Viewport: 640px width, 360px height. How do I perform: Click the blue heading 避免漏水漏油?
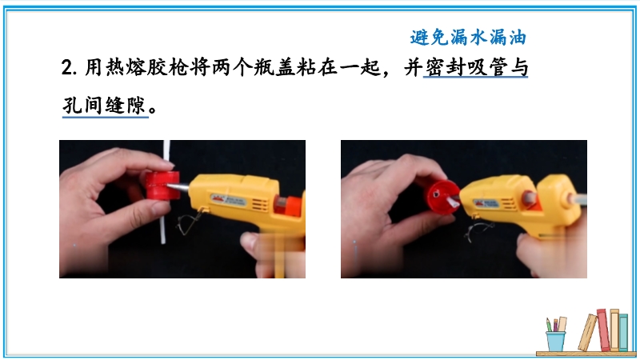(468, 38)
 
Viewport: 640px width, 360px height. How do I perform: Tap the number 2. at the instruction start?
(69, 67)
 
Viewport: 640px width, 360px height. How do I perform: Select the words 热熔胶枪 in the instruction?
(147, 67)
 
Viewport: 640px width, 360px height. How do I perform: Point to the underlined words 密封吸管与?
(476, 67)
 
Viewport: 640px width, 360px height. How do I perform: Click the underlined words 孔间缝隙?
(105, 106)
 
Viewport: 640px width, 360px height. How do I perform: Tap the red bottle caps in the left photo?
(163, 186)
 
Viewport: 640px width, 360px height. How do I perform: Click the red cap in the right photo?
(442, 197)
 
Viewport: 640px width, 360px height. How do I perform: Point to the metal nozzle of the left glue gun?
(179, 187)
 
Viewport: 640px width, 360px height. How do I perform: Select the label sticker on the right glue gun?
(486, 203)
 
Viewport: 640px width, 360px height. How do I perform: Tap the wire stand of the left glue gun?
(190, 221)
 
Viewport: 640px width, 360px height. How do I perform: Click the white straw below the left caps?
(164, 222)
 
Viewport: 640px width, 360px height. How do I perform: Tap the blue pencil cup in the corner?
(555, 341)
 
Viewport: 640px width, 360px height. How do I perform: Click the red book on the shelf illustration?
(603, 330)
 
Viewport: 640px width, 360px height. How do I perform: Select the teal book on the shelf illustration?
(623, 332)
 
